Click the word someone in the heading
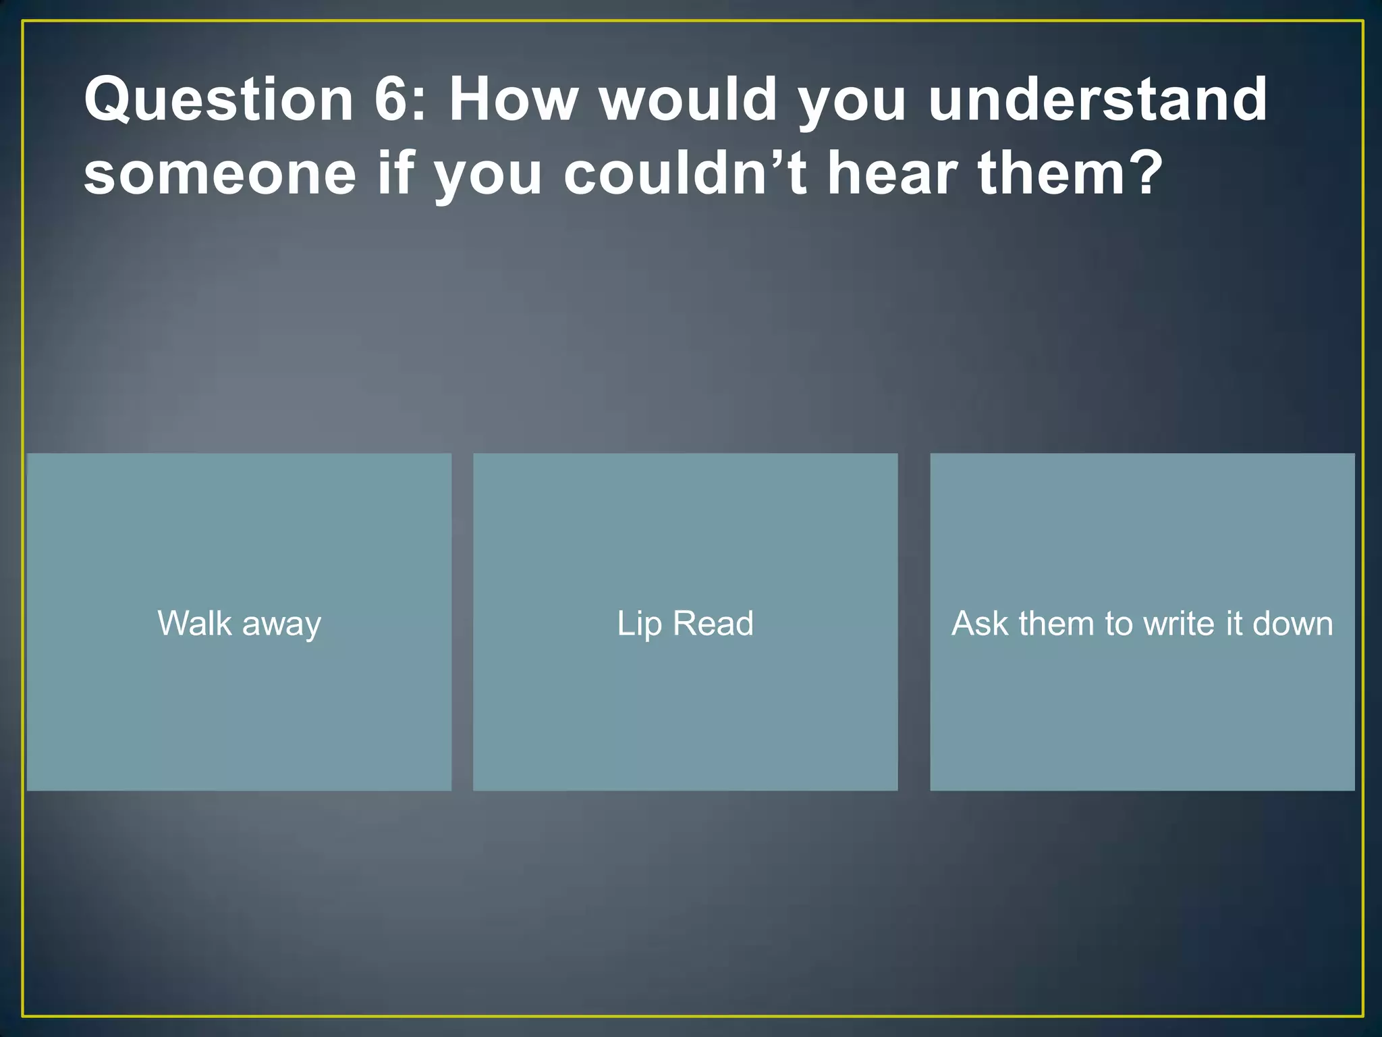220,174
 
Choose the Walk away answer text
239,623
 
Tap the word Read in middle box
713,623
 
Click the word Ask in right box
980,623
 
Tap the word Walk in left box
195,622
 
